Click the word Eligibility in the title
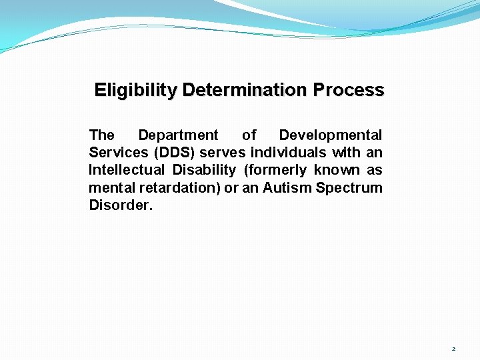[x=135, y=90]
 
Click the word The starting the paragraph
[x=101, y=135]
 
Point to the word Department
[x=178, y=135]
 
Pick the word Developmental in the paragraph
[x=331, y=135]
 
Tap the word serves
[x=227, y=153]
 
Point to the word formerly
[x=279, y=170]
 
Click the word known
[x=339, y=170]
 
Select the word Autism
[x=287, y=188]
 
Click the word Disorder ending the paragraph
[x=120, y=205]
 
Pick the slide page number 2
[x=453, y=349]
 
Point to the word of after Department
[x=249, y=135]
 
